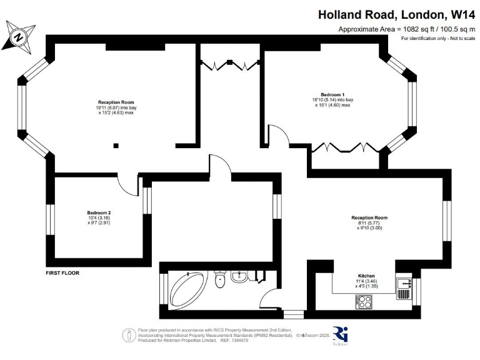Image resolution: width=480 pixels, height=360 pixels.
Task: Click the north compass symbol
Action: click(x=20, y=36)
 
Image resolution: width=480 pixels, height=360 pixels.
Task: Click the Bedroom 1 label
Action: click(x=332, y=94)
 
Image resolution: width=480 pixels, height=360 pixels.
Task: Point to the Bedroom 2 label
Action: click(x=99, y=212)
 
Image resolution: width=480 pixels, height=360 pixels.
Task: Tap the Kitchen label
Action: click(x=366, y=276)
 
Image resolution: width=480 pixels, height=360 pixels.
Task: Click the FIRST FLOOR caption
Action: click(x=62, y=273)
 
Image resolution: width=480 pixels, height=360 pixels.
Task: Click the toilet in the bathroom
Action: click(x=219, y=280)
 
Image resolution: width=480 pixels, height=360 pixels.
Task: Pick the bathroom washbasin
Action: click(x=237, y=276)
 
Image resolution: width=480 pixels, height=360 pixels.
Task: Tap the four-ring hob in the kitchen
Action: click(x=364, y=302)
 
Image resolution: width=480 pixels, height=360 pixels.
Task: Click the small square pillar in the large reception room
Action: click(x=115, y=146)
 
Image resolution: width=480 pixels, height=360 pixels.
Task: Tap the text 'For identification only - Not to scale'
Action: click(x=437, y=39)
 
